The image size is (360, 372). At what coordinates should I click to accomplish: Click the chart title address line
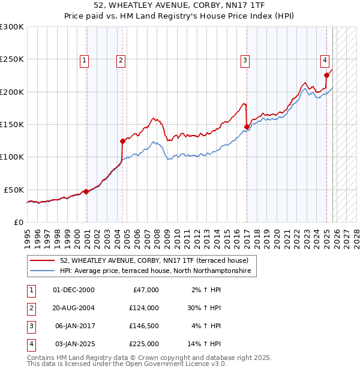click(x=179, y=5)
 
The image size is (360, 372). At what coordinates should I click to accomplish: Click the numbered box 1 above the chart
click(x=84, y=59)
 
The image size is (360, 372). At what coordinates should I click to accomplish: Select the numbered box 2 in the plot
click(x=121, y=59)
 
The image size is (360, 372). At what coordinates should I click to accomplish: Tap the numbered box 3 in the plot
click(x=245, y=59)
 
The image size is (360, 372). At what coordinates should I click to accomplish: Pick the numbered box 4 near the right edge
click(x=324, y=59)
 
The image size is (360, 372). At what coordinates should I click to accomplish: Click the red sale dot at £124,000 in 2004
click(x=123, y=142)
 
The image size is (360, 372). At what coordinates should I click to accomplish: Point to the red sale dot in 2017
click(x=247, y=127)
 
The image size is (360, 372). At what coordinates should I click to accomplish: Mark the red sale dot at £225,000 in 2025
click(x=327, y=76)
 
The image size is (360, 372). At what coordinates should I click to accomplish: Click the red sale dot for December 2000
click(x=86, y=191)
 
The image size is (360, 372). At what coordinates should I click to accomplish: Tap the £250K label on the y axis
click(x=12, y=59)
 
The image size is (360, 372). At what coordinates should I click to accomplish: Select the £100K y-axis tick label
click(x=12, y=157)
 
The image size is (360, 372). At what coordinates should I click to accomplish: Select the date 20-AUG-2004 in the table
click(x=74, y=308)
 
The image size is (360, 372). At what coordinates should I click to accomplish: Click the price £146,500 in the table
click(x=143, y=326)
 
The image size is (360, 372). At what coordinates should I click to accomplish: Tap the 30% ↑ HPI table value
click(x=204, y=308)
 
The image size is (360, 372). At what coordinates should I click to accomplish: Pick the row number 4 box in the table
click(x=30, y=344)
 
